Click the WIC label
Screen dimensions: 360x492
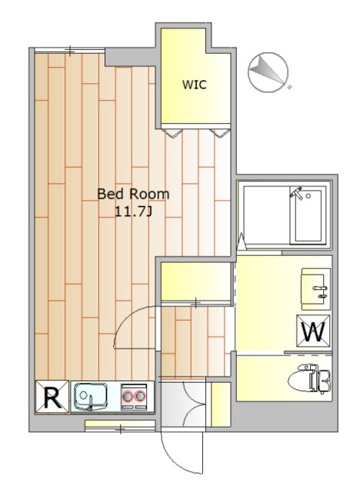(x=195, y=85)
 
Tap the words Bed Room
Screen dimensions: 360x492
(x=133, y=194)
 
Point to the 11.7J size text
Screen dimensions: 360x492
(x=133, y=212)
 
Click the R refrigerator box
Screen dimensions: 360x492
(x=52, y=397)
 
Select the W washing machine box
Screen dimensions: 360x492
(x=314, y=331)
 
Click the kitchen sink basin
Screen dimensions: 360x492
(x=91, y=397)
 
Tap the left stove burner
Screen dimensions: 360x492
(x=128, y=397)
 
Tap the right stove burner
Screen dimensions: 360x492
(x=140, y=397)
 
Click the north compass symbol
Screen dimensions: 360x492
(x=268, y=72)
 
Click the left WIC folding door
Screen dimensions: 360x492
(x=172, y=132)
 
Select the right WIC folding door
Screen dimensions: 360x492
(x=220, y=132)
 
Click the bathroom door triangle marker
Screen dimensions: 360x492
(x=242, y=241)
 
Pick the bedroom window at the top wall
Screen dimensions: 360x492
(x=69, y=50)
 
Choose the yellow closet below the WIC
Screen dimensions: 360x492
(x=196, y=281)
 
